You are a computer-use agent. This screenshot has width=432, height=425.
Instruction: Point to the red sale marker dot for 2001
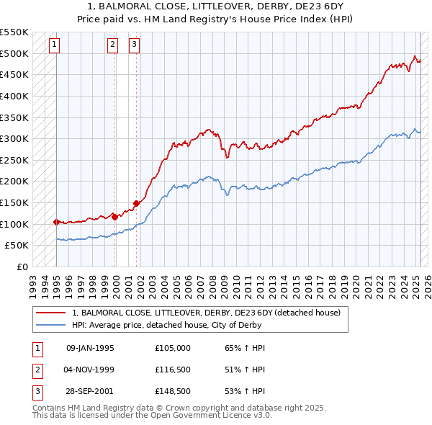(x=137, y=203)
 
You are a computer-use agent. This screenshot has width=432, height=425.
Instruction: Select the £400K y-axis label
(x=15, y=96)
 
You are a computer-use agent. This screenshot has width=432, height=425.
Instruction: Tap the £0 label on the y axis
(x=23, y=267)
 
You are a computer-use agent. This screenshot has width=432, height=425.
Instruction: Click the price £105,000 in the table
(x=173, y=348)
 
